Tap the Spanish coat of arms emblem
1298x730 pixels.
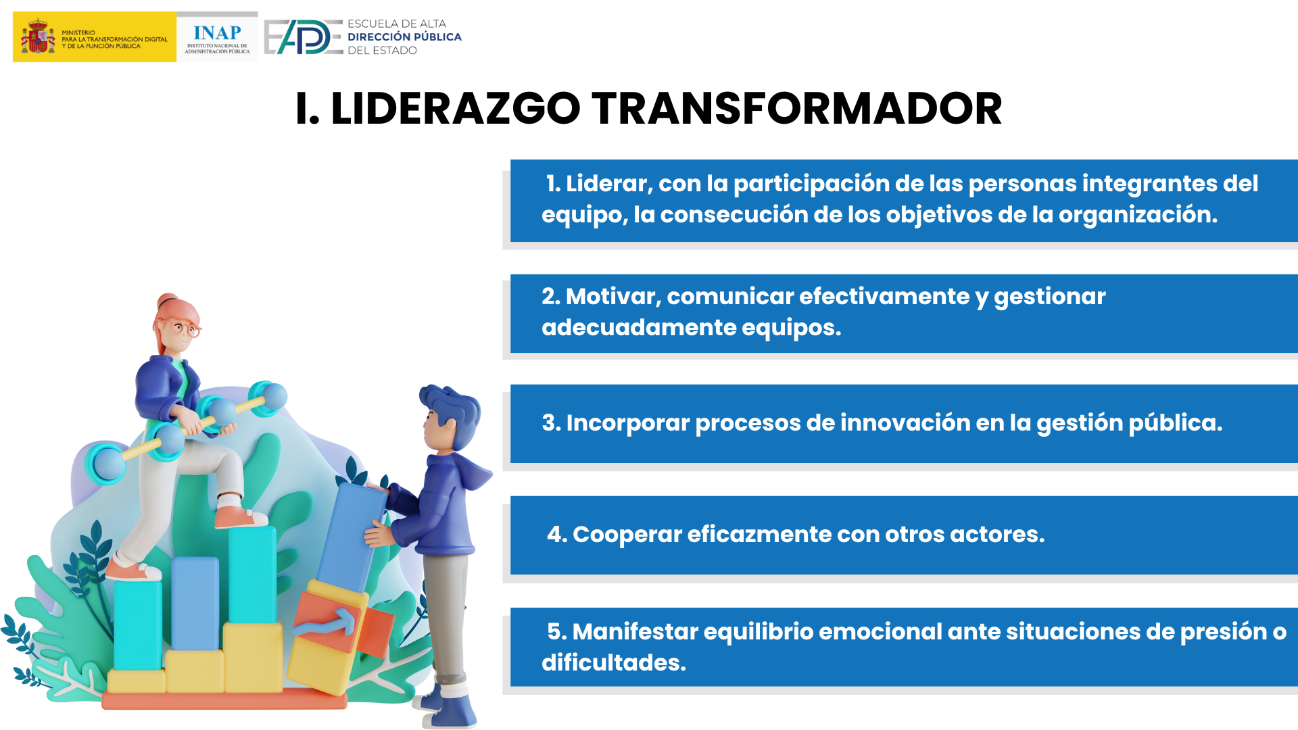pos(38,37)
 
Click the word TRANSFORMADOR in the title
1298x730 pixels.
pos(797,109)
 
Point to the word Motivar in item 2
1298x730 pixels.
pos(613,296)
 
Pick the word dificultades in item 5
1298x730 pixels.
pos(613,662)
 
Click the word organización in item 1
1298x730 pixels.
pos(1138,215)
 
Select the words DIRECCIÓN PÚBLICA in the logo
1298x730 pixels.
pos(404,37)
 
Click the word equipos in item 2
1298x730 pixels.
pos(792,328)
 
